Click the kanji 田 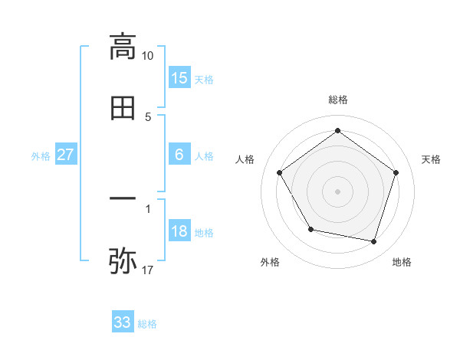coord(123,109)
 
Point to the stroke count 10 coord(148,56)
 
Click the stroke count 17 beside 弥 coord(148,270)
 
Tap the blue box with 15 coord(179,78)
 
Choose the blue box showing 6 coord(179,155)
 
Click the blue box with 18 coord(179,232)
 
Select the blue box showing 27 coord(66,155)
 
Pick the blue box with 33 coord(123,322)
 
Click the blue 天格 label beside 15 coord(204,80)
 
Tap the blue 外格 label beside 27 coord(41,156)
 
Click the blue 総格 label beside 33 coord(147,324)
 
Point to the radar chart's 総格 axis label coord(338,100)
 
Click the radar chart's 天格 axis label coord(431,159)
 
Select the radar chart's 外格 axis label coord(270,262)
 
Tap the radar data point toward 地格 coord(374,242)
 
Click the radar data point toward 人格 coord(280,173)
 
